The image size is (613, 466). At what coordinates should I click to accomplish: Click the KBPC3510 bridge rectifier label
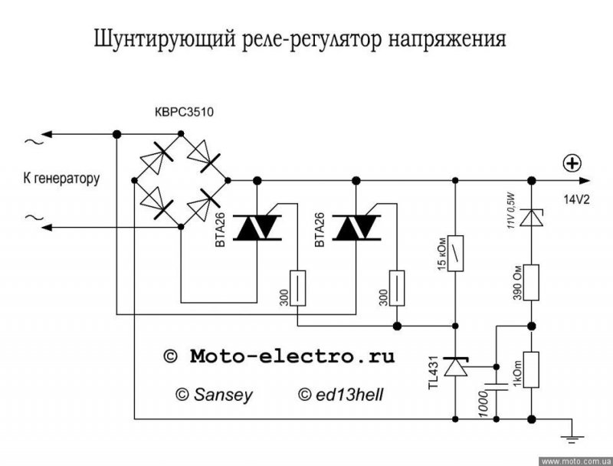coord(185,112)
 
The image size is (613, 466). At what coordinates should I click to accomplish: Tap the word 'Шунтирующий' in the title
coord(165,40)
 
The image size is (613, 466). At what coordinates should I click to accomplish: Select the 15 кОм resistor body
coord(455,254)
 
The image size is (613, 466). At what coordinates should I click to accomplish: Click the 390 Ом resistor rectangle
coord(531,282)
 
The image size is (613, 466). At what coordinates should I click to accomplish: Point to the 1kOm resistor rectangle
coord(531,369)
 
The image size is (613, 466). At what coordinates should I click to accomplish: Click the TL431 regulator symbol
coord(456,366)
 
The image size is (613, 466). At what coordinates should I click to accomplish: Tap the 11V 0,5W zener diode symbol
coord(531,218)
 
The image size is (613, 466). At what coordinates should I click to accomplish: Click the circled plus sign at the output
coord(572,163)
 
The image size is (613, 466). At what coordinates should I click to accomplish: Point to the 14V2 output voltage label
coord(576,199)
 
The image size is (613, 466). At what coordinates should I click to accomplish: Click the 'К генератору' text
coord(61,179)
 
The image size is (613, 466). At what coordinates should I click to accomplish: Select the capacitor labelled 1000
coord(496,387)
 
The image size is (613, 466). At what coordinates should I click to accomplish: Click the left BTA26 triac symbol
coord(257,227)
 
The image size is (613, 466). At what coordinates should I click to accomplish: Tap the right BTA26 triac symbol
coord(356,227)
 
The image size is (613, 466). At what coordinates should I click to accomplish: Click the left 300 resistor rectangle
coord(297,288)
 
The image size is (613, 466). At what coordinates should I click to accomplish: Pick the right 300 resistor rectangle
coord(397,288)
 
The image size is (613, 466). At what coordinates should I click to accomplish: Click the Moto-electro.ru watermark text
coord(279,356)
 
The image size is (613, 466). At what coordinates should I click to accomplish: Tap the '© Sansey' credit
coord(215,395)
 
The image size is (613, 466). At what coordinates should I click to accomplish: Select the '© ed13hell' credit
coord(341,395)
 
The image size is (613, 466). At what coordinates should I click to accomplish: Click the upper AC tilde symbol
coord(34,142)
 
